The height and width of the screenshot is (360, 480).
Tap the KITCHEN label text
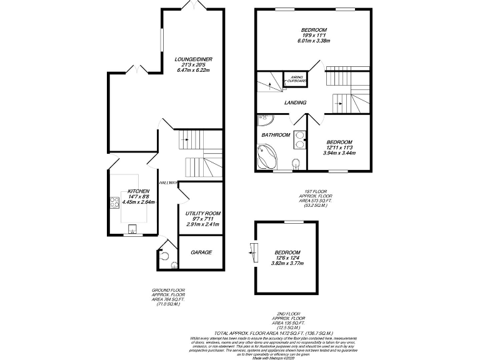(137, 191)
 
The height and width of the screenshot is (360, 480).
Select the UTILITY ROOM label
(203, 213)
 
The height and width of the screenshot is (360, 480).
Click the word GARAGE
(201, 252)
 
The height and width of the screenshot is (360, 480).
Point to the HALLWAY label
(169, 182)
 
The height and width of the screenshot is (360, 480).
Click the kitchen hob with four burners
(115, 201)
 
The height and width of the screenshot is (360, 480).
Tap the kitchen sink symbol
(132, 229)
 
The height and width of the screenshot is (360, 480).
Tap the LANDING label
(295, 102)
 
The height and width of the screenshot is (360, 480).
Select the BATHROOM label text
(275, 135)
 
